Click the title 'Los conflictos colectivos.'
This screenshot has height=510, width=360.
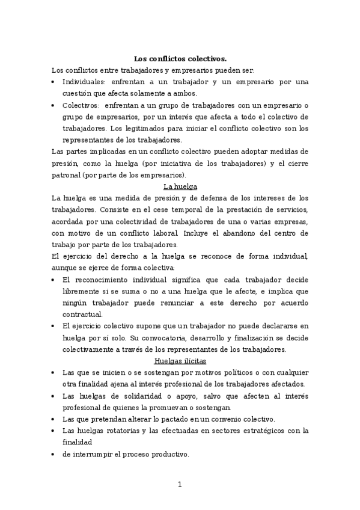pos(180,58)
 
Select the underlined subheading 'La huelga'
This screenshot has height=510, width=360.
pos(180,186)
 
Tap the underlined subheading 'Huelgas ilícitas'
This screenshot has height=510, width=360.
pos(180,361)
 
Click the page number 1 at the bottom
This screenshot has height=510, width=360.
pos(180,485)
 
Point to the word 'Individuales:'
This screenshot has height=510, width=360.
pos(84,82)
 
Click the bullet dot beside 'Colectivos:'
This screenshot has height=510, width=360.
pos(54,105)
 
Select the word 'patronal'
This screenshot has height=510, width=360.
pos(66,175)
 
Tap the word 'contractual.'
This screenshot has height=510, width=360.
pos(82,314)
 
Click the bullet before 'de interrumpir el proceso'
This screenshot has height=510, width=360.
pos(54,455)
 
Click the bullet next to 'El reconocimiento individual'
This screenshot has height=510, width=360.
pos(54,280)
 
